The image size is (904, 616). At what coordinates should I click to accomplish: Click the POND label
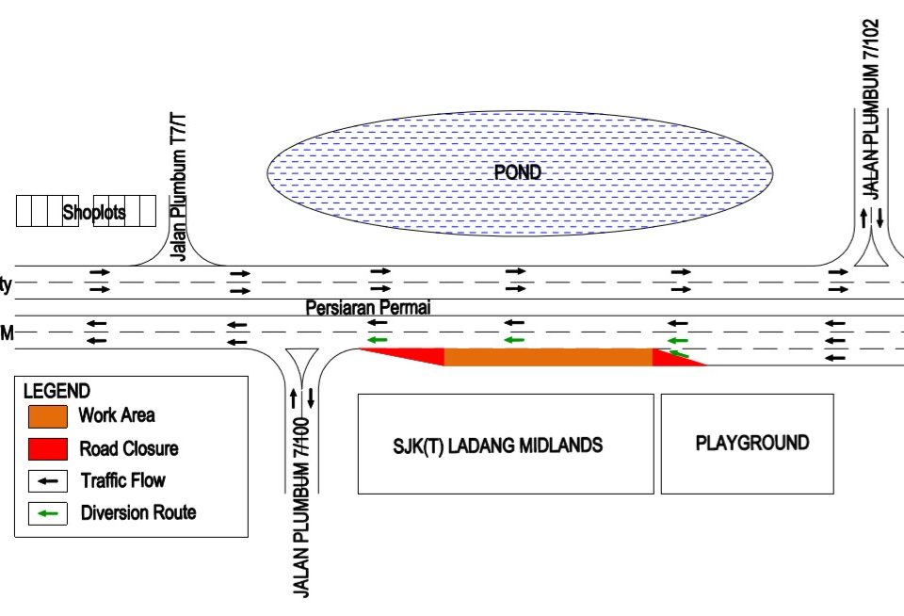(518, 172)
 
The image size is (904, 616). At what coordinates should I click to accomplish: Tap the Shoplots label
(94, 213)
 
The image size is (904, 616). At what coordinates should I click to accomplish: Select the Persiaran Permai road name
(368, 308)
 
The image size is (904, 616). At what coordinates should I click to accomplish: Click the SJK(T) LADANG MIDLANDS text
(497, 446)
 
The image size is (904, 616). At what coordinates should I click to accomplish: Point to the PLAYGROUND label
(751, 443)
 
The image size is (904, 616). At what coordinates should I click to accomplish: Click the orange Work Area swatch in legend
(48, 415)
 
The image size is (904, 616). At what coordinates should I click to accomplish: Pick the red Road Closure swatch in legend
(48, 448)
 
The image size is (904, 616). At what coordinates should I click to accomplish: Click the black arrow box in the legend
(48, 480)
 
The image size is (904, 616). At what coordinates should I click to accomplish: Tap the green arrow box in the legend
(48, 513)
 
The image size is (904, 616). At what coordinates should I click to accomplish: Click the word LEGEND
(56, 391)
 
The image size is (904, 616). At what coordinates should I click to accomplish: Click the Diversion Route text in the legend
(138, 513)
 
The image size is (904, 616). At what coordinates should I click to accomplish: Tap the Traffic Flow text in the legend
(122, 480)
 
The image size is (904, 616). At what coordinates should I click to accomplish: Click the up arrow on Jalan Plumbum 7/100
(293, 397)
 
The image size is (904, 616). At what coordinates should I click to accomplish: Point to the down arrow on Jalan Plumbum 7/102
(880, 219)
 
